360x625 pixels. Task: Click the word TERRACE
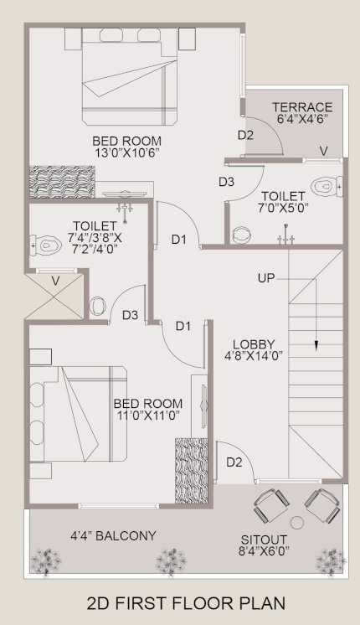pyautogui.click(x=302, y=107)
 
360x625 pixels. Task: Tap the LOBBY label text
pyautogui.click(x=255, y=343)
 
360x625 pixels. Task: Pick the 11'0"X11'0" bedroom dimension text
pyautogui.click(x=147, y=415)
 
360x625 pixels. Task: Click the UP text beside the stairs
pyautogui.click(x=266, y=277)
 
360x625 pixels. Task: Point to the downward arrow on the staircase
pyautogui.click(x=316, y=343)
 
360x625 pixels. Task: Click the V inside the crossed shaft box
pyautogui.click(x=55, y=282)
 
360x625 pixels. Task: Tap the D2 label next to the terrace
pyautogui.click(x=245, y=134)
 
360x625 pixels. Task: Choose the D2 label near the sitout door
pyautogui.click(x=234, y=462)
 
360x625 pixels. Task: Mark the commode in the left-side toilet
pyautogui.click(x=43, y=245)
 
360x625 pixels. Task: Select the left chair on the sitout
pyautogui.click(x=270, y=505)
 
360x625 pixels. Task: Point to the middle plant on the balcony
pyautogui.click(x=172, y=558)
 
